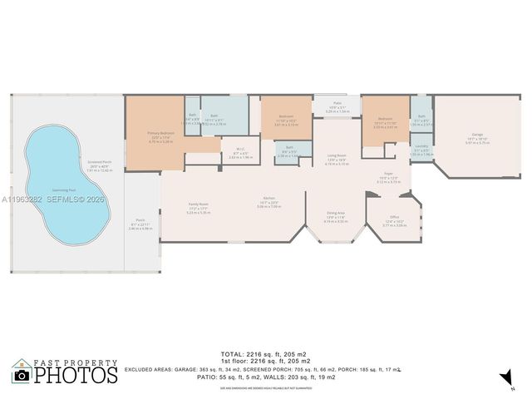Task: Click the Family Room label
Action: (x=198, y=204)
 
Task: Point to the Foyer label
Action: (x=387, y=175)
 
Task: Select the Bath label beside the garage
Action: (x=421, y=116)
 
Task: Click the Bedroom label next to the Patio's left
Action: (x=286, y=116)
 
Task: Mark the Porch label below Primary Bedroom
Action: (x=140, y=220)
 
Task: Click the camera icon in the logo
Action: (x=22, y=375)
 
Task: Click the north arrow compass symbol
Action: (x=504, y=380)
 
